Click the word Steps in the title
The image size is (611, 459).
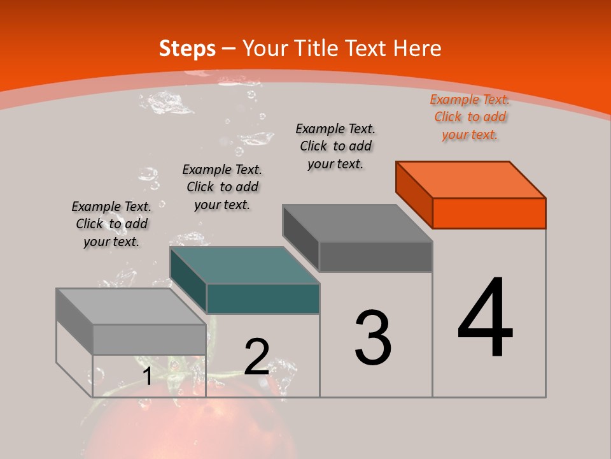(x=187, y=48)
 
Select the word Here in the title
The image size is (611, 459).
(x=417, y=48)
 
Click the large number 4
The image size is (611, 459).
(x=485, y=319)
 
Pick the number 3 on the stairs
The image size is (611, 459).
(x=372, y=338)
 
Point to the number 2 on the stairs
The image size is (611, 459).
(x=256, y=357)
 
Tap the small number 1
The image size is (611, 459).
(x=147, y=376)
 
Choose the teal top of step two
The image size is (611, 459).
(x=244, y=265)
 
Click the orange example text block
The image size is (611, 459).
(x=470, y=117)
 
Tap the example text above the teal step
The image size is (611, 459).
(x=222, y=187)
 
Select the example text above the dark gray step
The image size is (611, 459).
(x=335, y=146)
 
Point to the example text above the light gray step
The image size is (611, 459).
(x=111, y=224)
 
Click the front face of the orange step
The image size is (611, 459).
(x=489, y=213)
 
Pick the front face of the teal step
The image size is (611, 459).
(x=263, y=298)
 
